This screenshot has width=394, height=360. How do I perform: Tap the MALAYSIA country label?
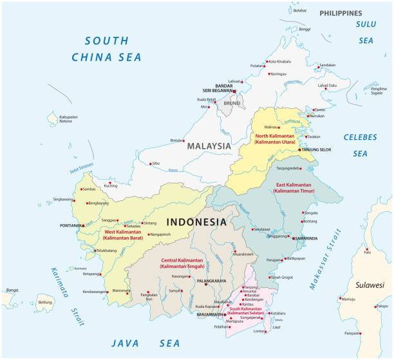(x=208, y=146)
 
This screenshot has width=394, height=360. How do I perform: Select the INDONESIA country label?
(x=196, y=222)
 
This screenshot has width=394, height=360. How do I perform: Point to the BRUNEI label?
(x=232, y=103)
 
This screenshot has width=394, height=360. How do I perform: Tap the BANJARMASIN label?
(x=211, y=314)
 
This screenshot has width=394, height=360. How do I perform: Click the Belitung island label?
(x=44, y=302)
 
